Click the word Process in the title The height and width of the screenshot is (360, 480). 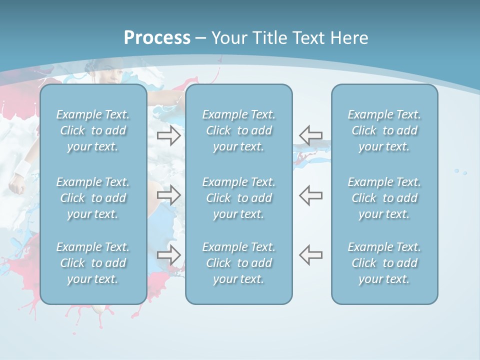(x=157, y=38)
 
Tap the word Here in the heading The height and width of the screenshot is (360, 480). (x=348, y=38)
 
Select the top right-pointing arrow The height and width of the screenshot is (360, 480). (x=169, y=135)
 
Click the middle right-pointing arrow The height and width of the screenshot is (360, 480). (x=169, y=195)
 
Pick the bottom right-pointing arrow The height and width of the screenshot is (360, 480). (x=169, y=255)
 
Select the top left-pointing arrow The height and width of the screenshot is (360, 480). (x=310, y=135)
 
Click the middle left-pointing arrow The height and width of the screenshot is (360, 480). (x=310, y=195)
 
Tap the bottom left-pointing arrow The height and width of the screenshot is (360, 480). (x=310, y=255)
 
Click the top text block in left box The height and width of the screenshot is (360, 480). (x=93, y=130)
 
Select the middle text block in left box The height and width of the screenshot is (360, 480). (x=93, y=198)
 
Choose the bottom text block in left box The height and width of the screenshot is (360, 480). (x=93, y=263)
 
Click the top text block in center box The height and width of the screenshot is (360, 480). (x=238, y=130)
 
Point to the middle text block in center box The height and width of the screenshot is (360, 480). (x=238, y=198)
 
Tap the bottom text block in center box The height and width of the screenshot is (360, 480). (x=238, y=263)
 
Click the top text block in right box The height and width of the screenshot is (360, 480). (x=384, y=130)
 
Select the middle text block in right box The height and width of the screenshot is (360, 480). (x=384, y=198)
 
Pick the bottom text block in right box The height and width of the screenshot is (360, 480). (x=384, y=263)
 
